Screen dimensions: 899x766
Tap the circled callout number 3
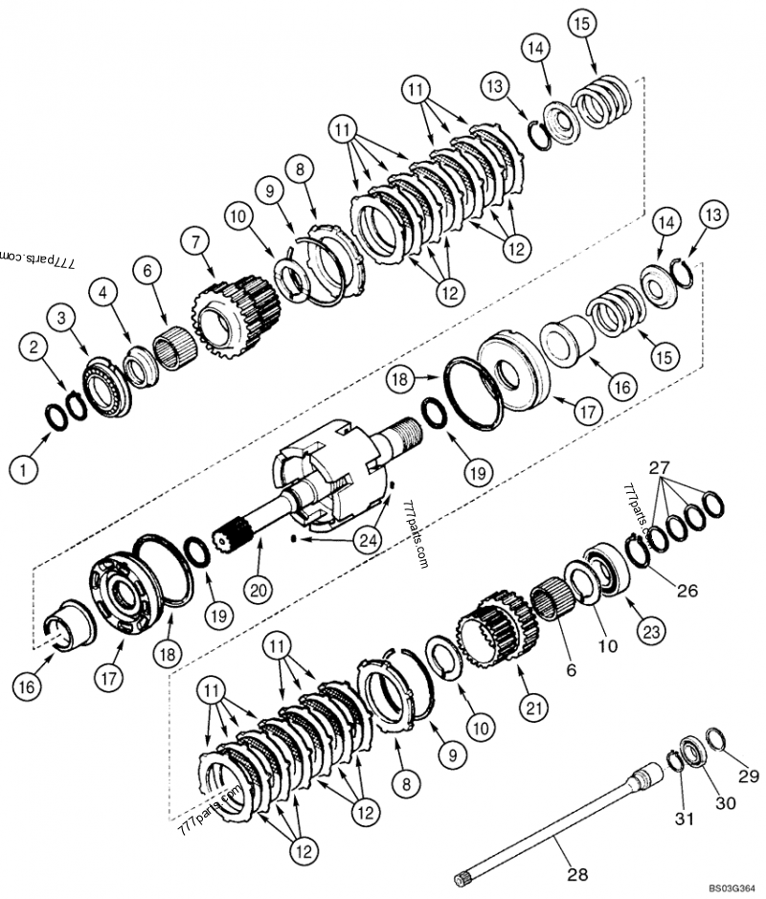click(x=61, y=317)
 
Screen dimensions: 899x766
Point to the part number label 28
click(x=576, y=873)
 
